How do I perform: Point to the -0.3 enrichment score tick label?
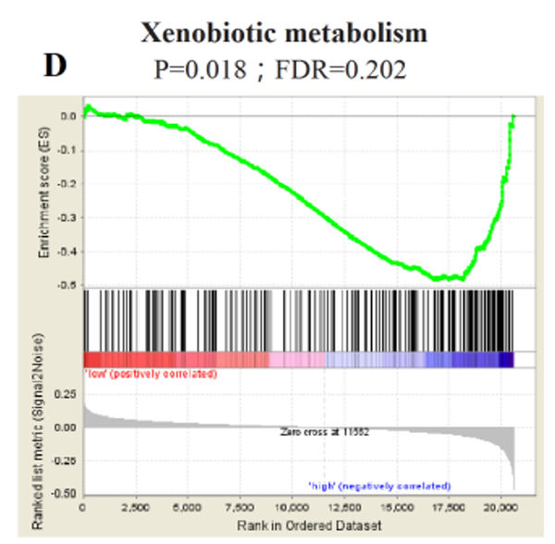point(68,218)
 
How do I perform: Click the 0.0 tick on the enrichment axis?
point(69,117)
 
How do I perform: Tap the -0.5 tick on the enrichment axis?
point(68,285)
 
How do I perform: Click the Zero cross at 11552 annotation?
point(326,431)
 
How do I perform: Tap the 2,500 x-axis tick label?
point(135,508)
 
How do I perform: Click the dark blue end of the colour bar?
point(505,360)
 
